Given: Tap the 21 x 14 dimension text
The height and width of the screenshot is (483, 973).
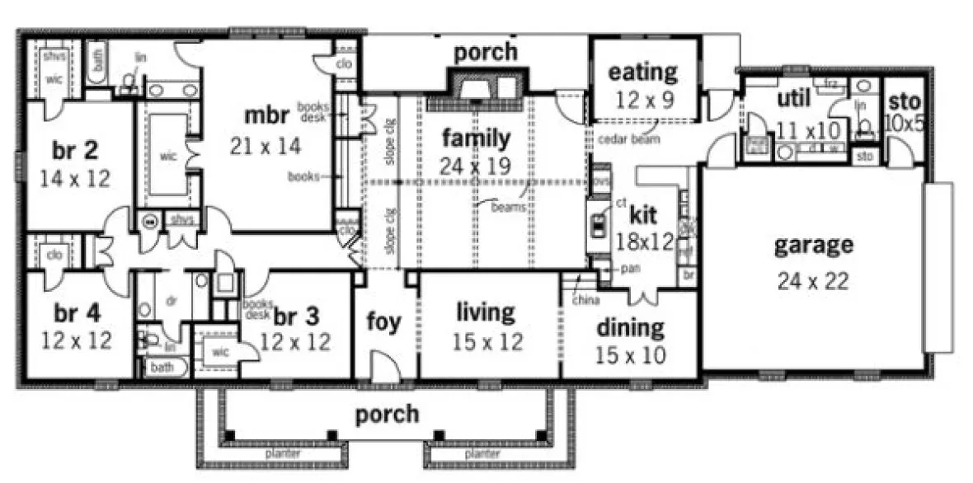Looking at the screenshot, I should tap(266, 147).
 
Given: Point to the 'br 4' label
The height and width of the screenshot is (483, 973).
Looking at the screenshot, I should tap(77, 313).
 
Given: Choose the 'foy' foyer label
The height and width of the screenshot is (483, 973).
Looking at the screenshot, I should tap(385, 321).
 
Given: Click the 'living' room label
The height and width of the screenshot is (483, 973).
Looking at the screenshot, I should tap(486, 313).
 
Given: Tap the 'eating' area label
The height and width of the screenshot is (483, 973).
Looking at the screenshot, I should tap(643, 73).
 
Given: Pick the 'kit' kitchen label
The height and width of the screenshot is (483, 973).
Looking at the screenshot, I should tap(642, 215).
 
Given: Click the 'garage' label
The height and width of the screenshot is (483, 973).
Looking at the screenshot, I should tap(813, 246).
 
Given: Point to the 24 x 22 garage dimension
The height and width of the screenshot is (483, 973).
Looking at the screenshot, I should tap(813, 281).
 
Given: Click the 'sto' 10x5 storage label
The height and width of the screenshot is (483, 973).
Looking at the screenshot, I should tap(904, 102).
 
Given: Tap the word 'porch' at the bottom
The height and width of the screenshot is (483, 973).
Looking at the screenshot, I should tap(387, 414).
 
